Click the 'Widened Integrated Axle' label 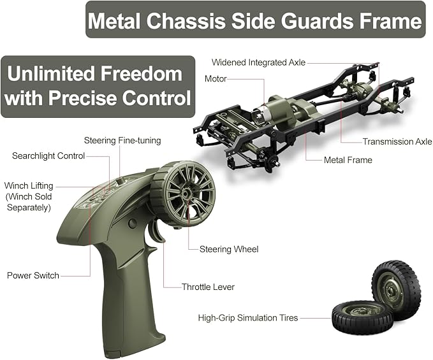pos(258,62)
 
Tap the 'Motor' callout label pos(216,79)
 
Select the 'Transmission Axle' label pos(397,141)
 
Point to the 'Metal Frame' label pos(348,160)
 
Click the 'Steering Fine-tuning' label pos(122,140)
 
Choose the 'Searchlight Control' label pos(48,156)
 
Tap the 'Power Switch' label pos(33,275)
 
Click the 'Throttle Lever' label pos(208,287)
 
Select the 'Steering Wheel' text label pos(229,249)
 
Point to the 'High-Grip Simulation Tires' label pos(248,317)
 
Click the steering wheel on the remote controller pos(185,191)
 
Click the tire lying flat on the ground pos(362,316)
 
